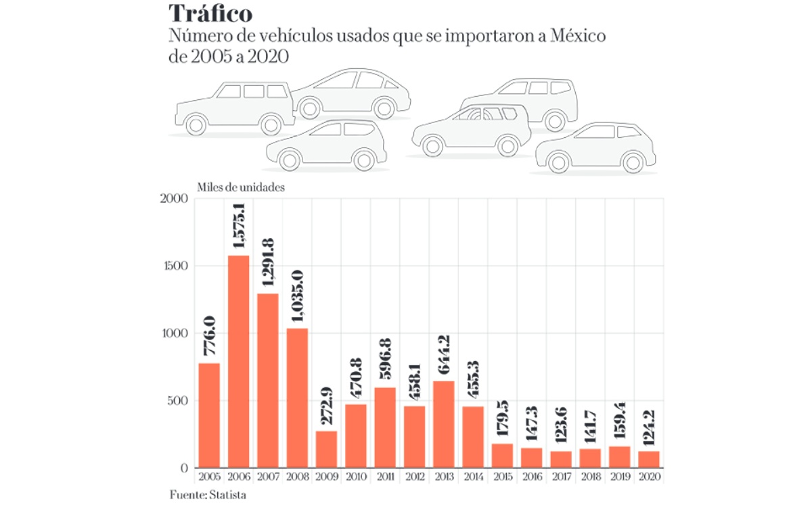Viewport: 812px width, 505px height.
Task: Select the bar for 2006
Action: coord(238,361)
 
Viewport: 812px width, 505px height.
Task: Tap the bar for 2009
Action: coord(325,449)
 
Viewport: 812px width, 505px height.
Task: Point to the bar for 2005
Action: coord(209,415)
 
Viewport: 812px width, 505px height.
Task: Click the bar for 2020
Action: coord(648,459)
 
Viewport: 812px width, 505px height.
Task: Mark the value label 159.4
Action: coord(618,418)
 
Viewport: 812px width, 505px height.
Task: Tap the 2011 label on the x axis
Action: coord(384,477)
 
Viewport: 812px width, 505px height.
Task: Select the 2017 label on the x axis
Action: coord(560,477)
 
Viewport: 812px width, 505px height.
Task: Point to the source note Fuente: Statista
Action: coord(208,496)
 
